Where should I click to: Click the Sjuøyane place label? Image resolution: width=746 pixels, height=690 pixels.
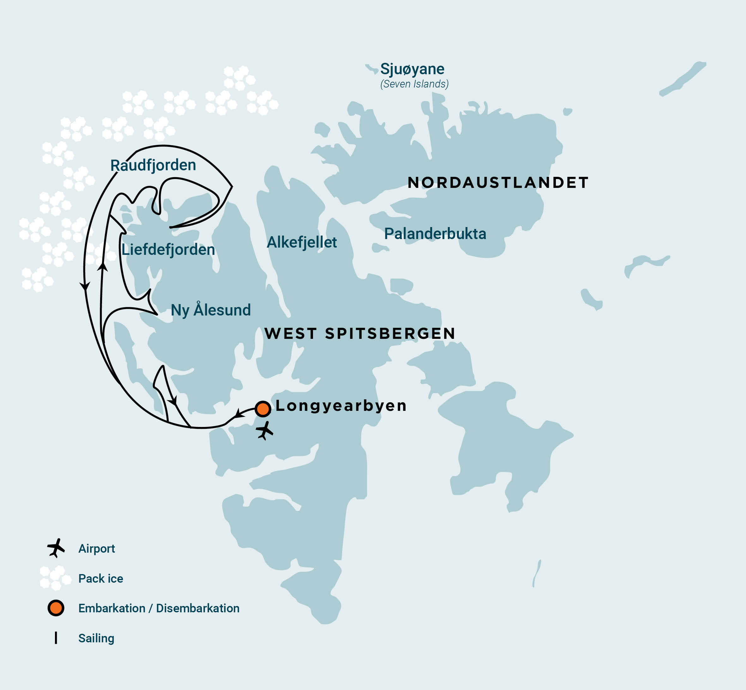point(412,69)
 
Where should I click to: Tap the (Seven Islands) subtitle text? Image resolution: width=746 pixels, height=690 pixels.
point(414,84)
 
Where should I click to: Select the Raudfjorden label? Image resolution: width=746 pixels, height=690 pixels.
point(153,165)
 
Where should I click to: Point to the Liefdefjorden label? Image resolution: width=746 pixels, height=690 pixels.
point(168,249)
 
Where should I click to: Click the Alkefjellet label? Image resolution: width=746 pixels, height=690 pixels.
point(302,242)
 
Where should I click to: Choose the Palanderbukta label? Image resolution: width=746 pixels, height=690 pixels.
point(435,234)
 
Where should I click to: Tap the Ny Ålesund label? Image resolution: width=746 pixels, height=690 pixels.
point(211,310)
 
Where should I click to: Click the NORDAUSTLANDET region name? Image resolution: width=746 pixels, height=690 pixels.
point(498,183)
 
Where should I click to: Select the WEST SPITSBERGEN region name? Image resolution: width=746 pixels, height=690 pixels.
point(359,333)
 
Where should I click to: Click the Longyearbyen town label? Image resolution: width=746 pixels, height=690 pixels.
point(341,405)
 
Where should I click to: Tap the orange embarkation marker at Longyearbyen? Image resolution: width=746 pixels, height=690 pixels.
point(263,409)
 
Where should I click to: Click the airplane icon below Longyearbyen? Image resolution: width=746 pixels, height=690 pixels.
point(265,431)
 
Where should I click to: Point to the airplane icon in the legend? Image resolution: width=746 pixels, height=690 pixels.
point(56,548)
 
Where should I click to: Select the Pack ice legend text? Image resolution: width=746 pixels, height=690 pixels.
point(100,578)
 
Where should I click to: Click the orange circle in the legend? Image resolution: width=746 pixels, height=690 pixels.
point(56,608)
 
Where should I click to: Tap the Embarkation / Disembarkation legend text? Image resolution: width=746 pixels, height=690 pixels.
point(159,608)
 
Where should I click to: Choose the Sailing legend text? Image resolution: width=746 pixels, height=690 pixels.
point(96,638)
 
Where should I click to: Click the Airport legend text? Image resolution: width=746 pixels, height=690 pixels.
point(96,549)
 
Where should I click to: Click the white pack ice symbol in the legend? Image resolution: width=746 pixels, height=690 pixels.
point(55,578)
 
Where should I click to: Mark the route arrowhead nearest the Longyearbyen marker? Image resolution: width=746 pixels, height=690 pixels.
point(238,414)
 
